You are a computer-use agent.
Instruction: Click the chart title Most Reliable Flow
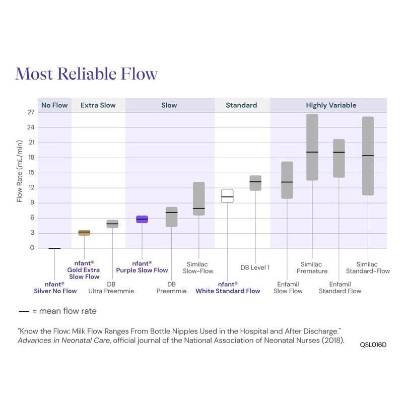[87, 74]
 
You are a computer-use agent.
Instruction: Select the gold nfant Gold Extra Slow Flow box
[85, 232]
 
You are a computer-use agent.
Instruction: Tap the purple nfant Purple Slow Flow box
[142, 219]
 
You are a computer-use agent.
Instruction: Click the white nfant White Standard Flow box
[227, 196]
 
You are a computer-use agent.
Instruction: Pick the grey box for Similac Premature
[312, 147]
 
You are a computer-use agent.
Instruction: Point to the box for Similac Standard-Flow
[368, 156]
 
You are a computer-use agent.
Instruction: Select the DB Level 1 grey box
[255, 183]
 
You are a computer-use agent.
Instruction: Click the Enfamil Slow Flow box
[287, 180]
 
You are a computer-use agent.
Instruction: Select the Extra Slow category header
[98, 105]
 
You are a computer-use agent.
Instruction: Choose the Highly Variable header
[331, 105]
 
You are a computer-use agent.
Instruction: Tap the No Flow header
[54, 105]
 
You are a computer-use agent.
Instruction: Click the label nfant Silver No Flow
[55, 288]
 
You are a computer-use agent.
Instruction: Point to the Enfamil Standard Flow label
[340, 288]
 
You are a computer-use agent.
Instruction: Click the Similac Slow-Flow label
[197, 267]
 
